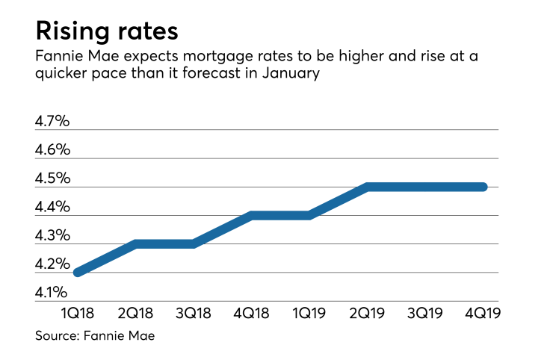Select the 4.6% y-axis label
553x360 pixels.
(x=53, y=149)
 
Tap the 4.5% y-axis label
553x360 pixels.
(x=53, y=178)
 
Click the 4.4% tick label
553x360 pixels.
(x=53, y=206)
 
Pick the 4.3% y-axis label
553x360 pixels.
(x=53, y=235)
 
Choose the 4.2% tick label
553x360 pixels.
(x=53, y=264)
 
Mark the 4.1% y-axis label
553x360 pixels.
(x=53, y=292)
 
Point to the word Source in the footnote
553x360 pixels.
(x=56, y=337)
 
